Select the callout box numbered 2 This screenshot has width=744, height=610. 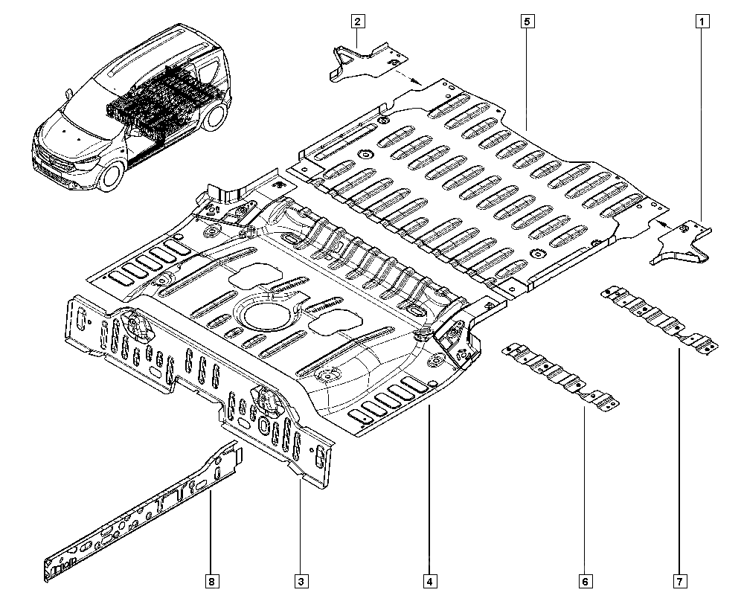(358, 22)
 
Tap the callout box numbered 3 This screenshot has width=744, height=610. (300, 580)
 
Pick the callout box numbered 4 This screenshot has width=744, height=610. (430, 580)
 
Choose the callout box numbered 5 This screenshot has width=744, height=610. (525, 22)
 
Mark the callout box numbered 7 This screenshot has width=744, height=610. (679, 580)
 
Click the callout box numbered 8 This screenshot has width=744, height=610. (211, 580)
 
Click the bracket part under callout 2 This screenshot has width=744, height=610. (362, 61)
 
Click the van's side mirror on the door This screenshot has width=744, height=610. (67, 94)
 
